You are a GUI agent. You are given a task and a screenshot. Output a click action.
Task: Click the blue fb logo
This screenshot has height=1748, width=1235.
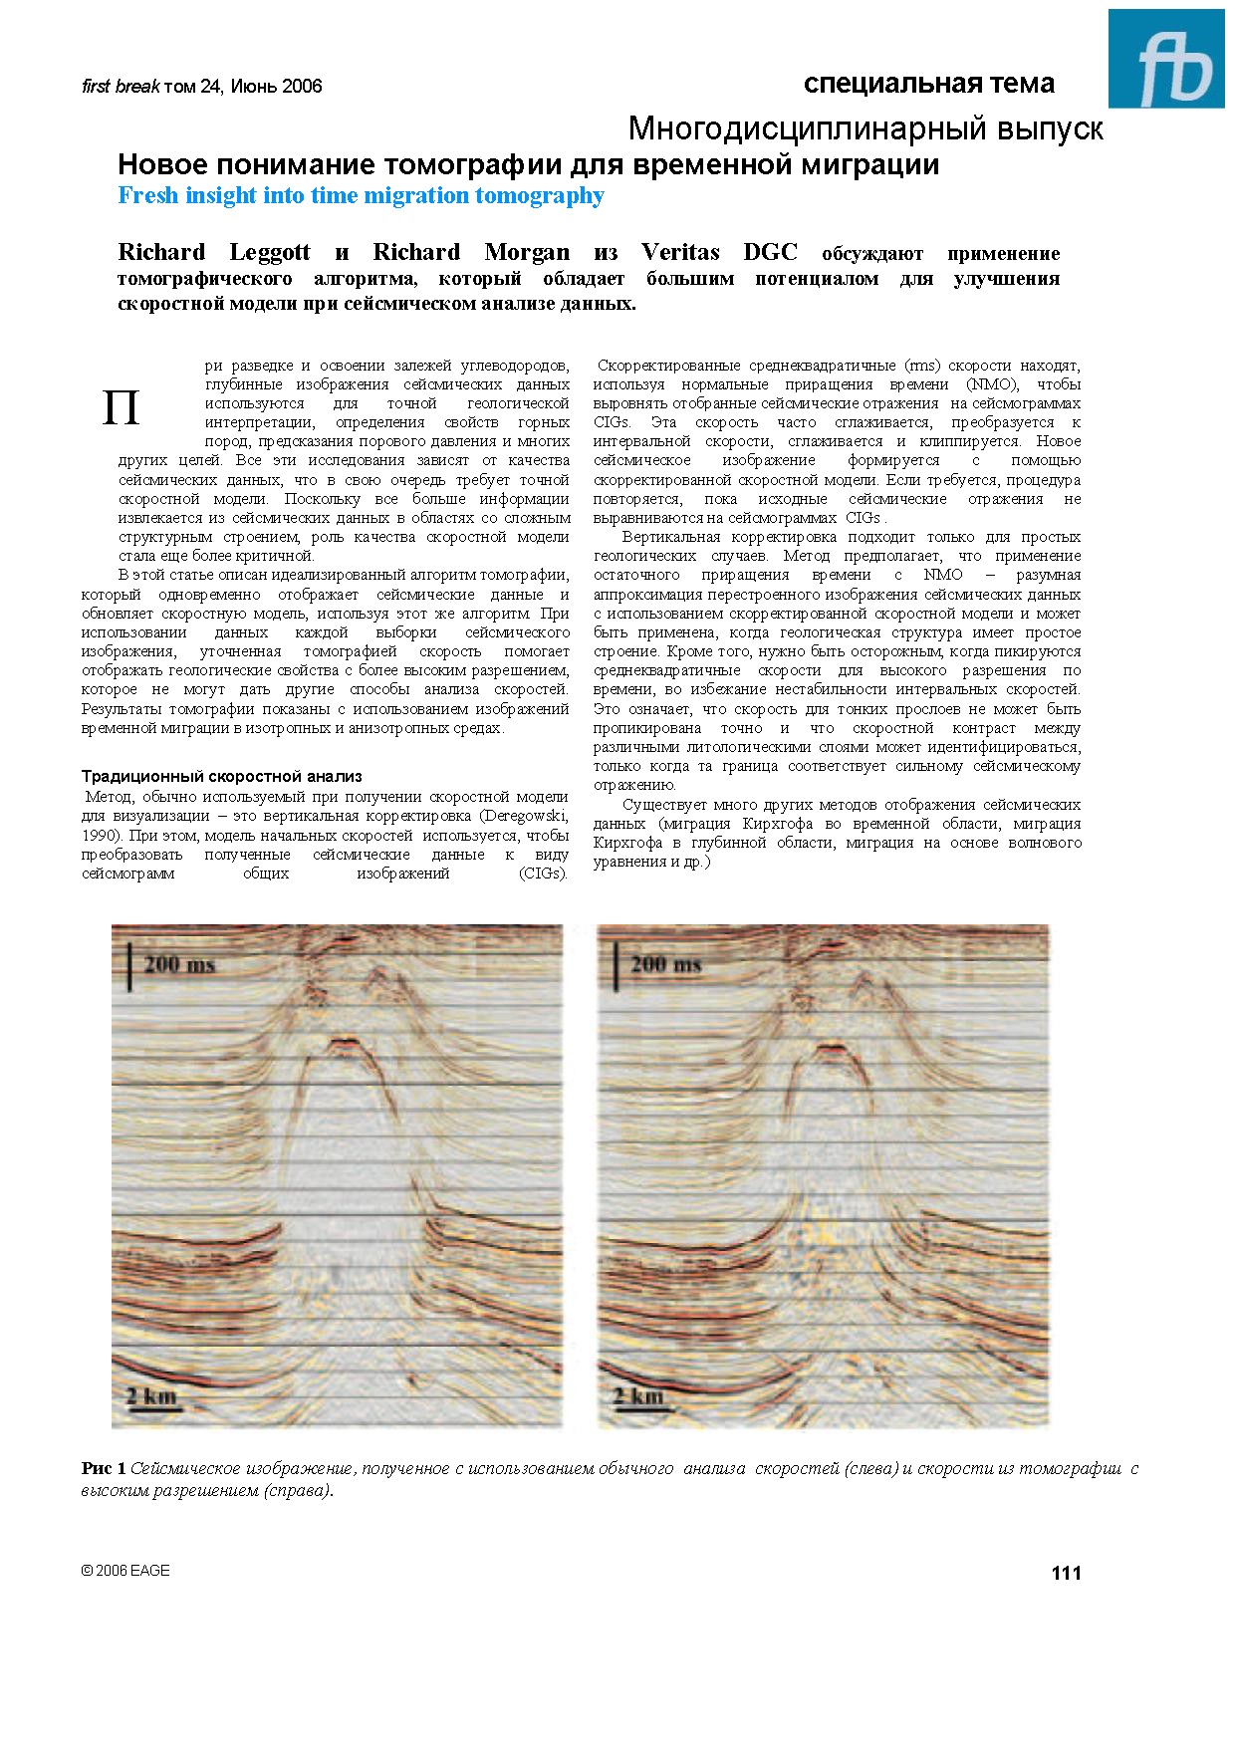pyautogui.click(x=1166, y=59)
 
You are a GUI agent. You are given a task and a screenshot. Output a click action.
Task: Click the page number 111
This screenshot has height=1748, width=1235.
pyautogui.click(x=1066, y=1573)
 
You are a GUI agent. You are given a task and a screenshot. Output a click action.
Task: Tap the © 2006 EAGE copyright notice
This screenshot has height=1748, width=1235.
pyautogui.click(x=125, y=1570)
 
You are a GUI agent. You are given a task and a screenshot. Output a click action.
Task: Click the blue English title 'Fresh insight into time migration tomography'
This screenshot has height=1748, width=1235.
pyautogui.click(x=361, y=195)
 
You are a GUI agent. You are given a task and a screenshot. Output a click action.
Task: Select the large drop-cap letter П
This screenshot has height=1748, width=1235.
pyautogui.click(x=121, y=408)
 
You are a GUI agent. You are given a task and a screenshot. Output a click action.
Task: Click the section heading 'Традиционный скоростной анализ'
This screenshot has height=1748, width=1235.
pyautogui.click(x=221, y=776)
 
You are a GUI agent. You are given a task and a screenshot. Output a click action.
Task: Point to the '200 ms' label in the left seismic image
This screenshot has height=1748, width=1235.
pyautogui.click(x=178, y=964)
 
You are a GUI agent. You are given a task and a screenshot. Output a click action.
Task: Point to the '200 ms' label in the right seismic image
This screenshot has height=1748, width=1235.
pyautogui.click(x=664, y=964)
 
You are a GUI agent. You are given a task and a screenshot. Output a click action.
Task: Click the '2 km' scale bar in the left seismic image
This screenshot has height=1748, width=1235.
pyautogui.click(x=151, y=1396)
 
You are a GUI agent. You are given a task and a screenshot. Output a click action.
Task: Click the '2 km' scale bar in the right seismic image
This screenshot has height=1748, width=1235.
pyautogui.click(x=637, y=1396)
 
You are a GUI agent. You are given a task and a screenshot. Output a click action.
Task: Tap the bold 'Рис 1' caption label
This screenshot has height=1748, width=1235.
pyautogui.click(x=104, y=1468)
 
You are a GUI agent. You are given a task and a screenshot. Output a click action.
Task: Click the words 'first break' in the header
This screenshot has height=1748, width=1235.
pyautogui.click(x=120, y=87)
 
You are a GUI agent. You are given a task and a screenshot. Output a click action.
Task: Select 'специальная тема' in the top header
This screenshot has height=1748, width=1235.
pyautogui.click(x=928, y=84)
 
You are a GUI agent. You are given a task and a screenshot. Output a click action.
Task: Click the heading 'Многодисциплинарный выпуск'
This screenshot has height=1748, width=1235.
pyautogui.click(x=864, y=128)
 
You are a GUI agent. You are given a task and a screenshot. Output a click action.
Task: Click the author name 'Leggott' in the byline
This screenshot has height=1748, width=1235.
pyautogui.click(x=270, y=252)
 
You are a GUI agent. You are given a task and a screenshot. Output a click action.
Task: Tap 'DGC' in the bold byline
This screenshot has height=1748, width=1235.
pyautogui.click(x=770, y=252)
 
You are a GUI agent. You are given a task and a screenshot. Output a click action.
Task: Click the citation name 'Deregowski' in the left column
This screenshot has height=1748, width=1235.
pyautogui.click(x=526, y=816)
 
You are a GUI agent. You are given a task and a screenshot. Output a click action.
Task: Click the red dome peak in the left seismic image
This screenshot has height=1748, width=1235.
pyautogui.click(x=345, y=1043)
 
